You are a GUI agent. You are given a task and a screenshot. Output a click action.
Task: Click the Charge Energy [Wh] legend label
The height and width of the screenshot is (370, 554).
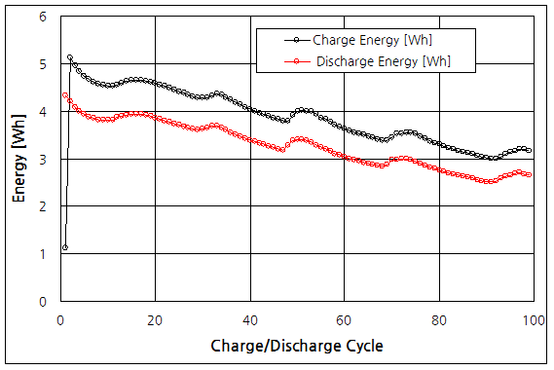click(x=373, y=40)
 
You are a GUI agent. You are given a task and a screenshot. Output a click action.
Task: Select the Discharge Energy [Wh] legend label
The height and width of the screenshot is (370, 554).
click(x=383, y=61)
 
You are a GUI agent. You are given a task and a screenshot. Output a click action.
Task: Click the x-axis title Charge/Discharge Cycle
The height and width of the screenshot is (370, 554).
click(x=296, y=346)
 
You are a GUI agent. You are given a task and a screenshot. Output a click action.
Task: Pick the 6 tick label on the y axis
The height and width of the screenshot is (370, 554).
click(x=43, y=17)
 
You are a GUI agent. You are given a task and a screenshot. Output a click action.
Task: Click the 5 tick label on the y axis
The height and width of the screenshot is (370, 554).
click(x=43, y=64)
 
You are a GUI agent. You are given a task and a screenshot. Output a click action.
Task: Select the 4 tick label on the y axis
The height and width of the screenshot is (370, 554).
click(x=43, y=112)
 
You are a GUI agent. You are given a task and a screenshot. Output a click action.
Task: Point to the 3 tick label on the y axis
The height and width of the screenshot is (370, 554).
click(x=43, y=159)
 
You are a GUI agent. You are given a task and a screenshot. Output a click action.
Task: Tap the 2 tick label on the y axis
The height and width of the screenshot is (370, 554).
click(x=43, y=206)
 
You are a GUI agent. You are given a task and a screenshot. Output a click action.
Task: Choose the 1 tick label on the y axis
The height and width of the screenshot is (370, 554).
click(x=43, y=254)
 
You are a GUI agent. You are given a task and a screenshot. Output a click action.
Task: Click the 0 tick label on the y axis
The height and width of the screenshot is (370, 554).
click(x=43, y=302)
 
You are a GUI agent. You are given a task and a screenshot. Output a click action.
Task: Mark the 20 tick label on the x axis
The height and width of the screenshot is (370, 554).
click(x=155, y=319)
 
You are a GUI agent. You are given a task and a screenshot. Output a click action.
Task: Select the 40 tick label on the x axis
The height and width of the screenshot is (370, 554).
click(x=249, y=319)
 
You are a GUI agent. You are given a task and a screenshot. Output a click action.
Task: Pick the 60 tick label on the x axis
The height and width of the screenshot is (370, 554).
click(x=344, y=319)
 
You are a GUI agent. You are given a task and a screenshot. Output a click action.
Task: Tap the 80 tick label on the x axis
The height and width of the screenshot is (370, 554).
click(x=438, y=319)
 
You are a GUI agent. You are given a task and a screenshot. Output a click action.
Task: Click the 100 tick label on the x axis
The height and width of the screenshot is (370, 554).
click(x=533, y=319)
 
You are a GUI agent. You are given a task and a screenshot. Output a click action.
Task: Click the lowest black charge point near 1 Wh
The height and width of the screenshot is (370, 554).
click(x=65, y=248)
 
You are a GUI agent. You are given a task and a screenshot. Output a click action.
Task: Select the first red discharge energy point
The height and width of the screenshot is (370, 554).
click(x=65, y=95)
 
